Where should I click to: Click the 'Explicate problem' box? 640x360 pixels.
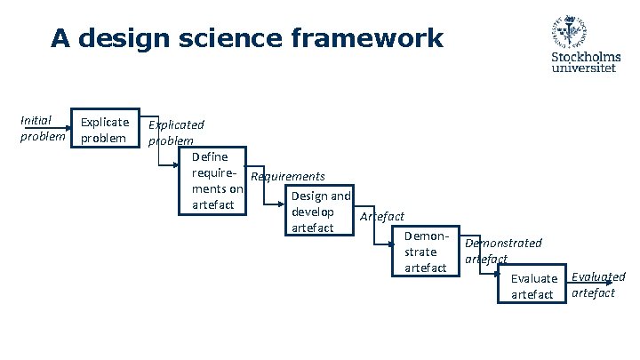tap(105, 129)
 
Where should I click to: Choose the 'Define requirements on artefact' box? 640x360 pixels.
tap(212, 181)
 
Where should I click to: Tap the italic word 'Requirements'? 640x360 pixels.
tap(288, 177)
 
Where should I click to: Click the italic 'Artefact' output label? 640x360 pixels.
tap(381, 216)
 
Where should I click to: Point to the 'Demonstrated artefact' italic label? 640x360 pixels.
tap(502, 251)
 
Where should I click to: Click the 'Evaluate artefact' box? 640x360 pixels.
tap(532, 286)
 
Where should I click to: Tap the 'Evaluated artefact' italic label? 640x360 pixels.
tap(597, 284)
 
